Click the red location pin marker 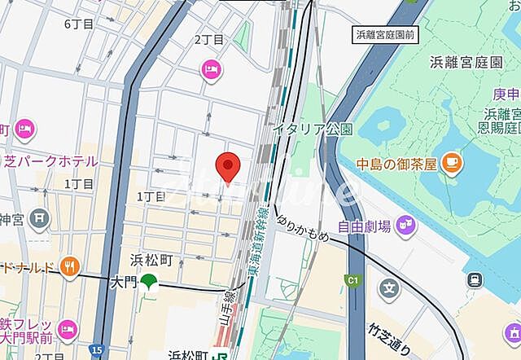point(229,167)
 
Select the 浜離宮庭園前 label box point(386,34)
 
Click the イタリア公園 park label point(313,128)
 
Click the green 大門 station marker point(148,283)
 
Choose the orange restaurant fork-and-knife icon point(71,266)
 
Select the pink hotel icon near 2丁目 point(211,71)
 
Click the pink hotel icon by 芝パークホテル point(24,129)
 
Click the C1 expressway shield point(353,280)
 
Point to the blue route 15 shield point(97,349)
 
